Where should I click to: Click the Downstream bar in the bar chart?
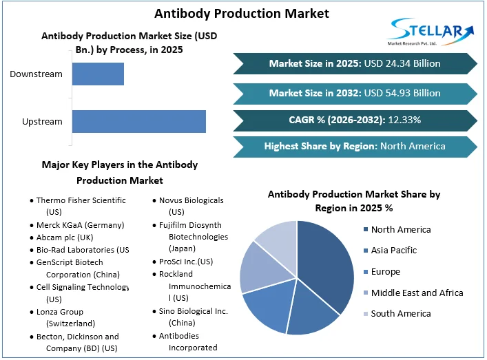pyautogui.click(x=98, y=74)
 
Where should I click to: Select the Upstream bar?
pyautogui.click(x=138, y=121)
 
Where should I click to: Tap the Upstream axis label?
pyautogui.click(x=42, y=122)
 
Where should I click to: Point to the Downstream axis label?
pyautogui.click(x=36, y=74)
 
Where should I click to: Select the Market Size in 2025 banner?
pyautogui.click(x=355, y=63)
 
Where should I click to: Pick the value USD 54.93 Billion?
pyautogui.click(x=402, y=93)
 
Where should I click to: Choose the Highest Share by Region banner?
pyautogui.click(x=355, y=146)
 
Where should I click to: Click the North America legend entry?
pyautogui.click(x=400, y=229)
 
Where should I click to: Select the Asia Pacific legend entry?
pyautogui.click(x=393, y=251)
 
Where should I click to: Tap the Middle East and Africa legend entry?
pyautogui.click(x=417, y=293)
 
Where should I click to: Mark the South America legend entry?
pyautogui.click(x=400, y=314)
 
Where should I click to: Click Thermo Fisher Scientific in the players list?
pyautogui.click(x=81, y=200)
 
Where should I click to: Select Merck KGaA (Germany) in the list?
pyautogui.click(x=80, y=225)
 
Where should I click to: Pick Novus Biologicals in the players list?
pyautogui.click(x=191, y=200)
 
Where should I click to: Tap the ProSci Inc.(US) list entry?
pyautogui.click(x=186, y=262)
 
